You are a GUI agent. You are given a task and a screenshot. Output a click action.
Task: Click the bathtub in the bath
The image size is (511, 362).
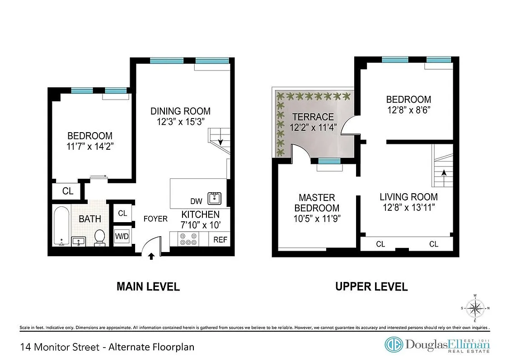pos(61,225)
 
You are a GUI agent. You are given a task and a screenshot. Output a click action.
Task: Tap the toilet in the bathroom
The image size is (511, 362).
pos(99,237)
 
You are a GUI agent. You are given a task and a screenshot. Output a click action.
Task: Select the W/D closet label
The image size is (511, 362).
pos(122,236)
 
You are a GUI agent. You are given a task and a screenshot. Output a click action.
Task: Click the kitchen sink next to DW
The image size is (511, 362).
pos(214,198)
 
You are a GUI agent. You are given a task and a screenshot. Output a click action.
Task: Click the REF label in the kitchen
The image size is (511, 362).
pos(220,240)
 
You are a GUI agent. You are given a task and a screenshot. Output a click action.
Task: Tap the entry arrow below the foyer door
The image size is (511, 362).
pos(151,257)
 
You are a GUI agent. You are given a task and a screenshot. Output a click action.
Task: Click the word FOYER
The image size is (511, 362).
pos(155,219)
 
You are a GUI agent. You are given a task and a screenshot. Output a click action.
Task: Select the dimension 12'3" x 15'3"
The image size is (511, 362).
pos(180,122)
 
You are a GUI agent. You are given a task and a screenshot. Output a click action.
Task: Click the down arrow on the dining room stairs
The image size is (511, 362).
pos(220,142)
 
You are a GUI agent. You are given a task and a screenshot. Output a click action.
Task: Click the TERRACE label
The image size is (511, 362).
pos(313,117)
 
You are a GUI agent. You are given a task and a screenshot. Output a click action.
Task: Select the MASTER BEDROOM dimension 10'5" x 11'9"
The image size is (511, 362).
pos(317,219)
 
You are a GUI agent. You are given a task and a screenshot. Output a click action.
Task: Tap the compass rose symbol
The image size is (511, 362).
pos(475,309)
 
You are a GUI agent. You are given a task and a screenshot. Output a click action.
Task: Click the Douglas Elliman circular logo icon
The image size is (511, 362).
pos(394,345)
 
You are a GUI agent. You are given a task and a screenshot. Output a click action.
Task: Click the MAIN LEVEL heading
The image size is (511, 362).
pos(148,286)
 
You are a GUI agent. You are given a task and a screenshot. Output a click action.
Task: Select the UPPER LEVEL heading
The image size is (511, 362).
pos(371,286)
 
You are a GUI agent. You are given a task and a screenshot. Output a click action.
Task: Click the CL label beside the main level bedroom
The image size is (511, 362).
pos(68,191)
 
